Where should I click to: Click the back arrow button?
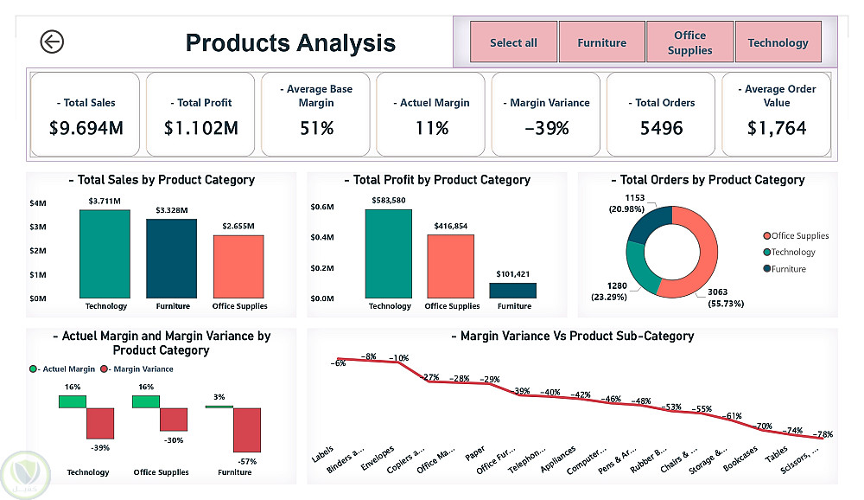coord(52,42)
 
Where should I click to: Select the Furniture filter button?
coord(602,42)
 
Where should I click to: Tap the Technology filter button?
coord(778,42)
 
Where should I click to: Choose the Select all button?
coord(513,42)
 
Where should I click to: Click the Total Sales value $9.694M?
coord(86,128)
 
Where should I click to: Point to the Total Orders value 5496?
coord(660,128)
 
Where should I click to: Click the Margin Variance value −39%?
coord(546,128)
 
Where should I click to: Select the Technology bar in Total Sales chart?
coord(105,253)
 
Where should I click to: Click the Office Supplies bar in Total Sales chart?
coord(238,266)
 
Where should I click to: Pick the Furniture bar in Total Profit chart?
coord(514,291)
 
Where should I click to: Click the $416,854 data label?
coord(451,226)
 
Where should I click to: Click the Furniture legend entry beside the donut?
coord(788,269)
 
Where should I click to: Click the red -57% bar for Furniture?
coord(247,430)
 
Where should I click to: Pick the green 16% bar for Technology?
coord(73,401)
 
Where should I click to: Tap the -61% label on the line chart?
coord(733,416)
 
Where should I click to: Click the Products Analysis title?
coord(290,42)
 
